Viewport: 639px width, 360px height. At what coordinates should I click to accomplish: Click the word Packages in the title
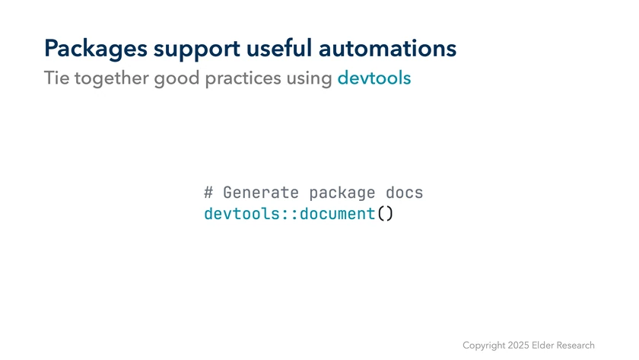tap(96, 49)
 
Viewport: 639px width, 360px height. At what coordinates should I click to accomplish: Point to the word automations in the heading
tap(387, 48)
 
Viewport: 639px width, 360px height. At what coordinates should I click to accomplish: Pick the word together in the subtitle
tap(111, 78)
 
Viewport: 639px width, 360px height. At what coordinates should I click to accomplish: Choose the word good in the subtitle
tap(176, 78)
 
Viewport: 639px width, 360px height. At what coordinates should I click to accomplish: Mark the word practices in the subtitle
tap(243, 78)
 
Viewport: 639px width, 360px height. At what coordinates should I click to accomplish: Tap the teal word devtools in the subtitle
tap(374, 78)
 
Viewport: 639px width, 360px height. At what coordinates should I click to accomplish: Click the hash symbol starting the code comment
tap(208, 193)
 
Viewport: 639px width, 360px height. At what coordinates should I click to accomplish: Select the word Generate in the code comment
tap(261, 193)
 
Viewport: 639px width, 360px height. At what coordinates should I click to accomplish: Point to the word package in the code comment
tap(342, 193)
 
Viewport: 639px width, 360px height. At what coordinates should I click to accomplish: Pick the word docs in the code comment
tap(404, 192)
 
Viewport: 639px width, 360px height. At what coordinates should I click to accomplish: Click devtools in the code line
tap(242, 214)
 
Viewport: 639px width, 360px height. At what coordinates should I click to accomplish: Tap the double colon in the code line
tap(290, 215)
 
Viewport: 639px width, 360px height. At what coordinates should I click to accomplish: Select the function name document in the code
tap(338, 214)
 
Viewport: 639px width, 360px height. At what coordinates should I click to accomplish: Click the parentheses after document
tap(385, 214)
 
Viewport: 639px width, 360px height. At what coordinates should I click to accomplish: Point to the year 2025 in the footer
tap(518, 346)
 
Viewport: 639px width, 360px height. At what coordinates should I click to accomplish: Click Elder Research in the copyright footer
tap(563, 346)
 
